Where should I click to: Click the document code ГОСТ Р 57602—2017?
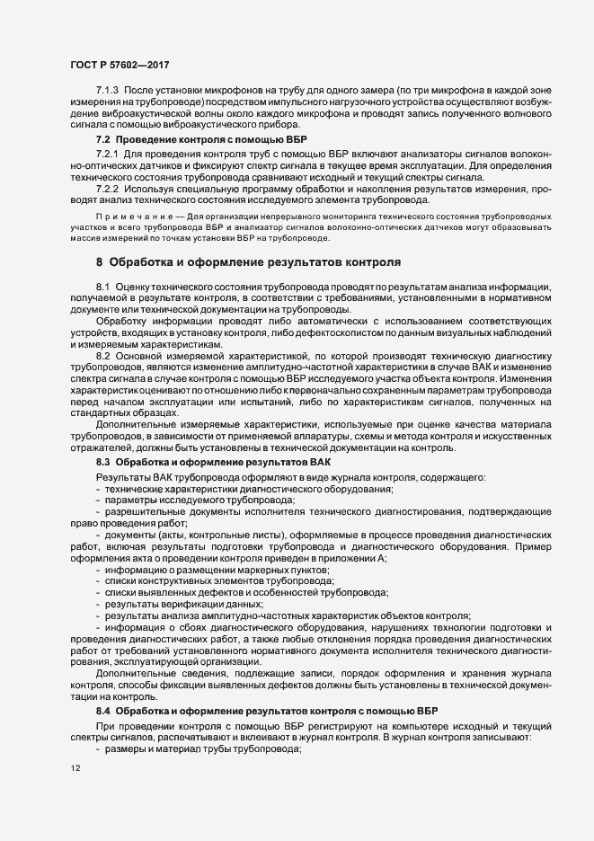click(120, 65)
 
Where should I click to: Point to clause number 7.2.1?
click(107, 155)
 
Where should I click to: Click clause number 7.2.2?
click(107, 189)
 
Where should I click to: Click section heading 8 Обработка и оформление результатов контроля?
click(247, 262)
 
